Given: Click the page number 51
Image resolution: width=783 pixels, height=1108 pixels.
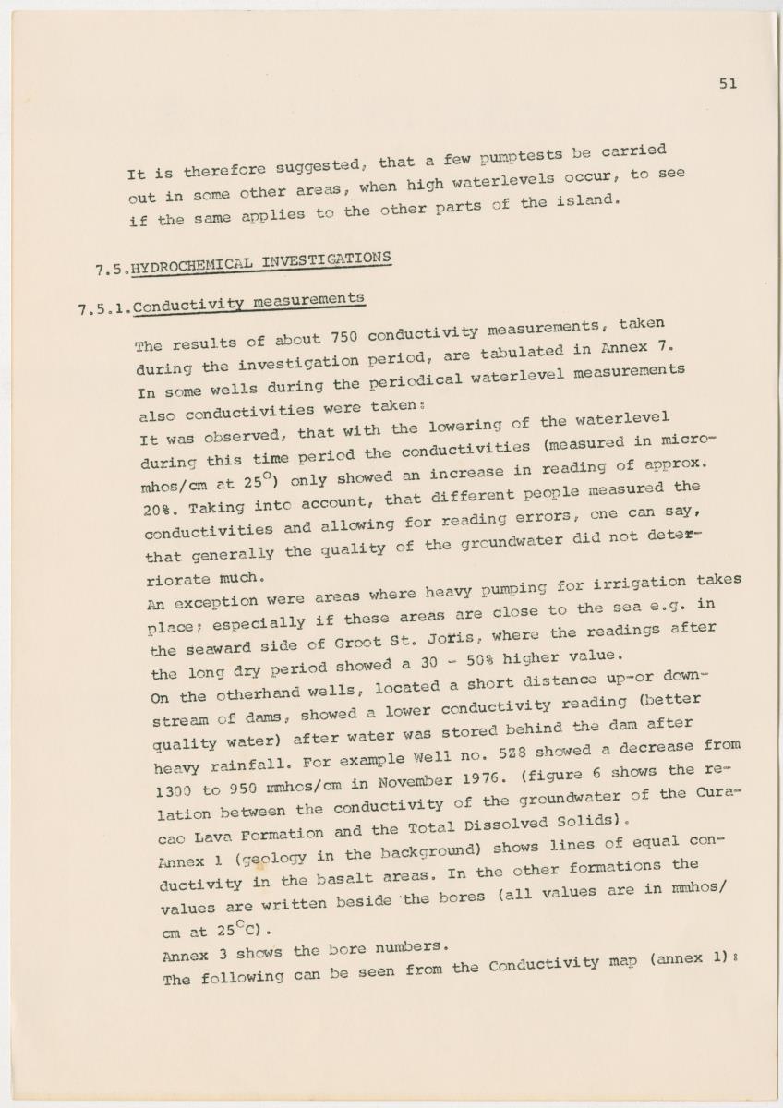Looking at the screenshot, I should (728, 84).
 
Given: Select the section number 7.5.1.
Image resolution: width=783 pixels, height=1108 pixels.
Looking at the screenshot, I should (104, 308).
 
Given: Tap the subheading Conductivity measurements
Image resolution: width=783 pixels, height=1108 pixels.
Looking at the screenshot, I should (248, 302).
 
